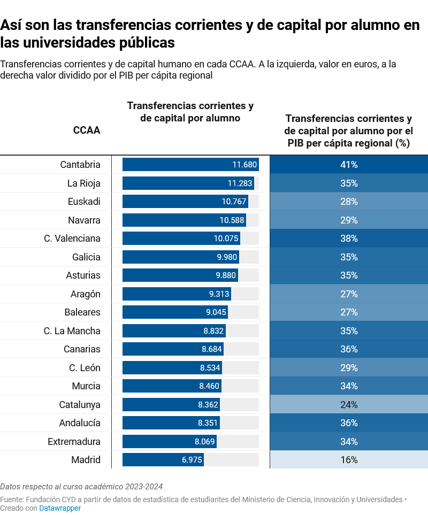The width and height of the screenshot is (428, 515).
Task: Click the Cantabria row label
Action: tap(80, 165)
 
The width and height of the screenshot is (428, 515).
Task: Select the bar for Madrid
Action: tap(163, 460)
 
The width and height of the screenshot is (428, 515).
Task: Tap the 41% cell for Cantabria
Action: tap(349, 165)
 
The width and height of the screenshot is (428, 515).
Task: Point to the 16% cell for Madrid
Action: tap(349, 460)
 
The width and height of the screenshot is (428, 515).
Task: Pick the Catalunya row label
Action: tap(80, 405)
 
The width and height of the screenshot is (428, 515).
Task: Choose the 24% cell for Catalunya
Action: tap(349, 405)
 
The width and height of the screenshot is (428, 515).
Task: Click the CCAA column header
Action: tap(87, 130)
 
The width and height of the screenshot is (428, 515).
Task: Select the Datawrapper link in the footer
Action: tap(60, 508)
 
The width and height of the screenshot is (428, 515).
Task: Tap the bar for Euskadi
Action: tap(185, 202)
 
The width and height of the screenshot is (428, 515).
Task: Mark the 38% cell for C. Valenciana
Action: tap(349, 239)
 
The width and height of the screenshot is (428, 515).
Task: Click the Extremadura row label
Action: tap(74, 442)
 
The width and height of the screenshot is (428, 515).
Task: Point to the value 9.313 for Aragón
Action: tap(219, 294)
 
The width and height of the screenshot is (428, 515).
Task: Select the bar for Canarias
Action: tap(173, 349)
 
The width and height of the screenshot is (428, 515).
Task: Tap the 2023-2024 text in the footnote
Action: tap(144, 487)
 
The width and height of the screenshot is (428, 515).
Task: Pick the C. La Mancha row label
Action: tap(72, 331)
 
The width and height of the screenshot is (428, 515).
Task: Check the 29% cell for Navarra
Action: tap(349, 220)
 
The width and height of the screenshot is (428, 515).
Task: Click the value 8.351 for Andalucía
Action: tap(208, 423)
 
